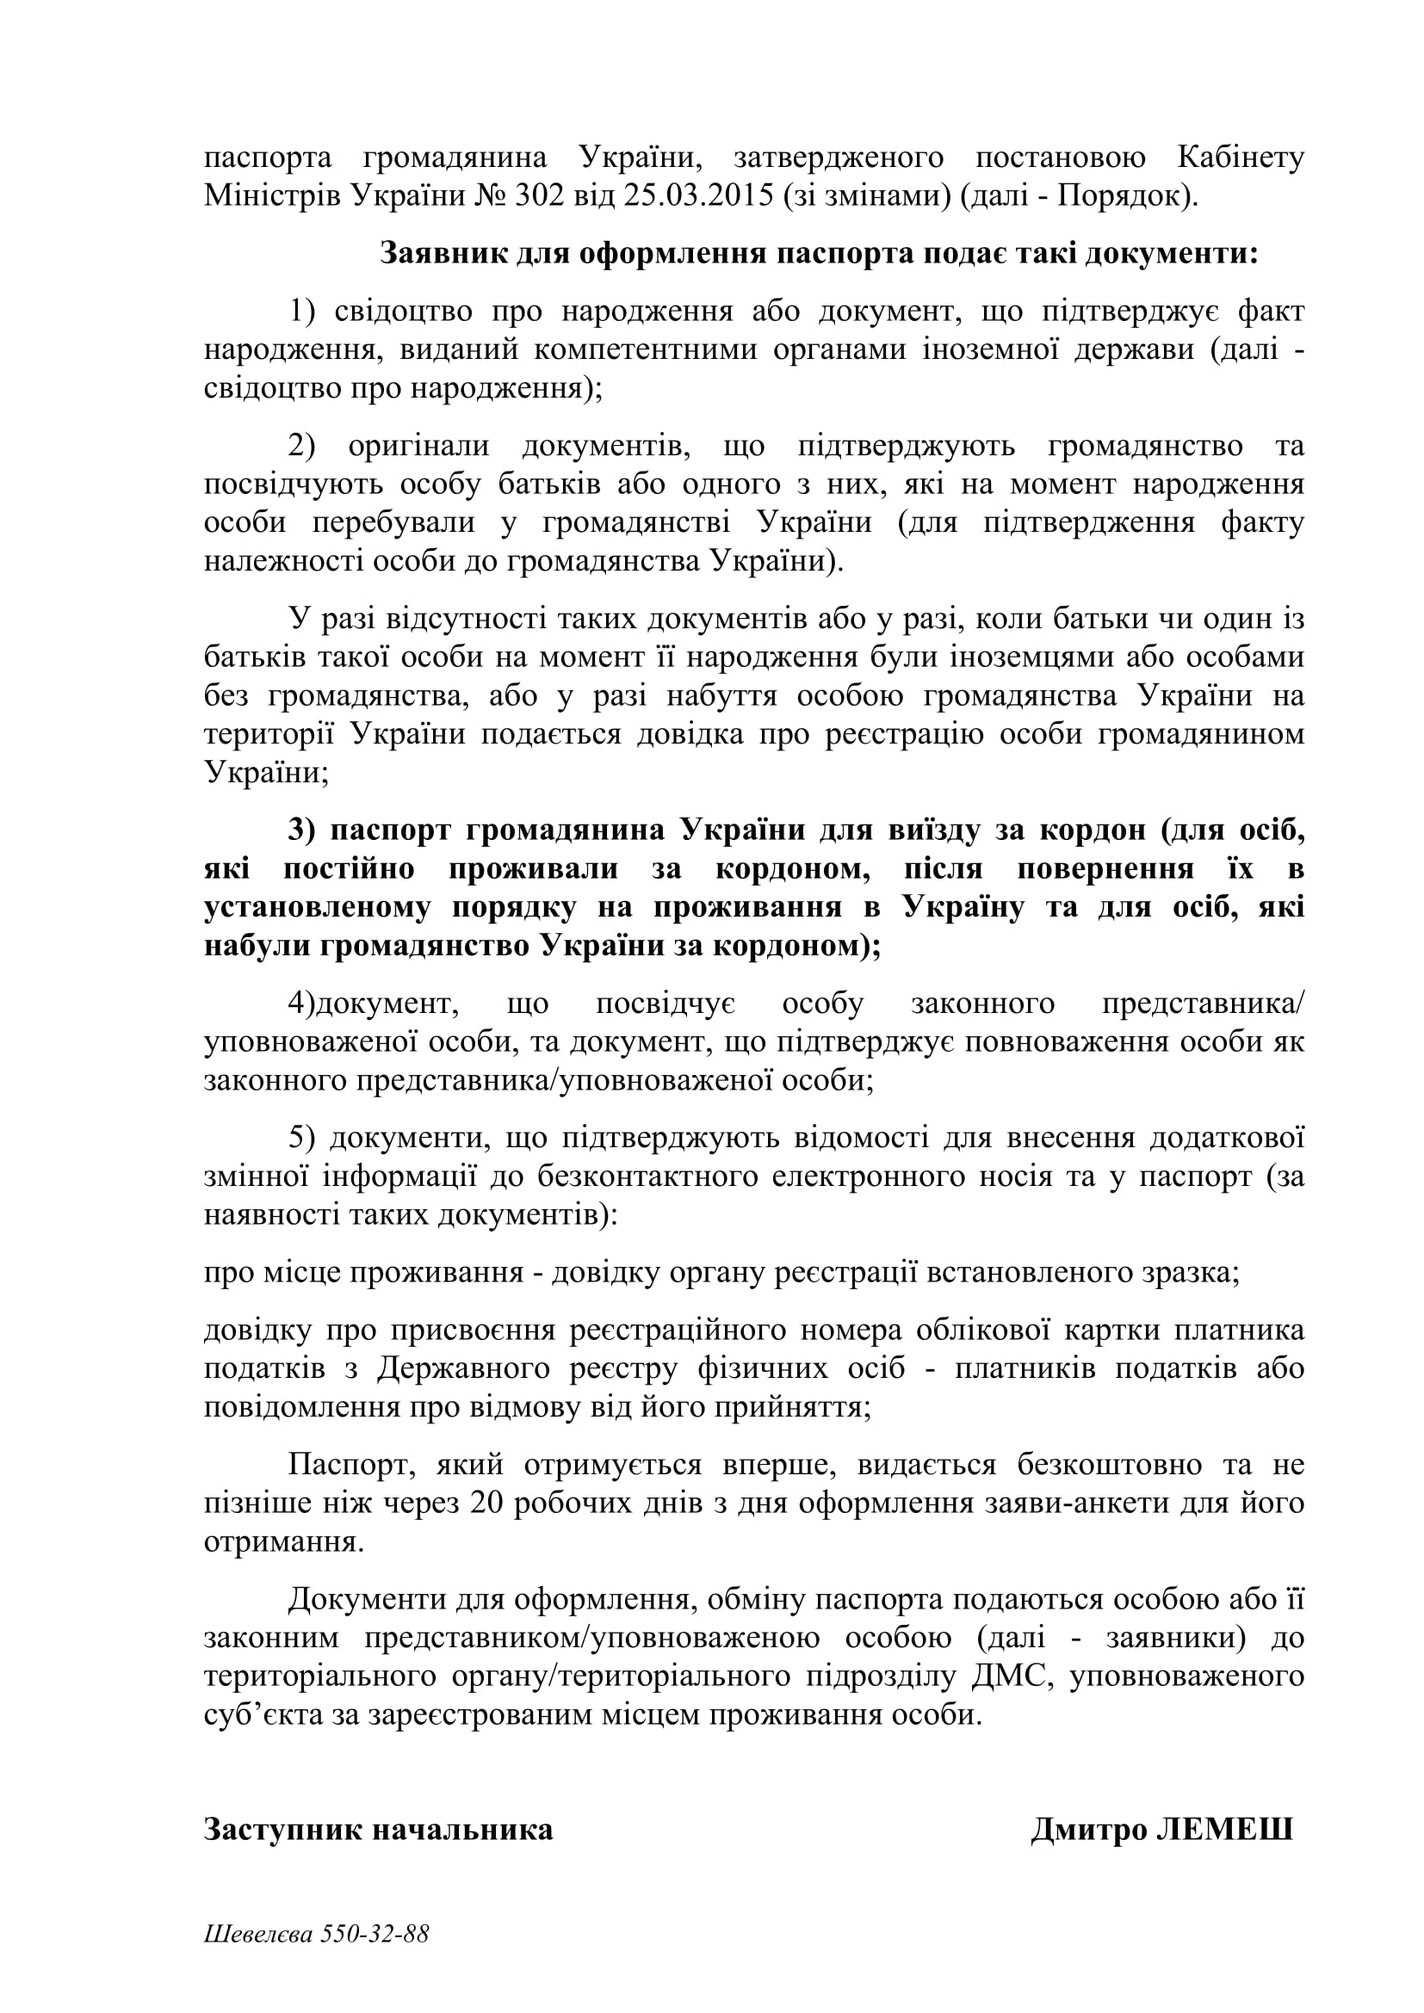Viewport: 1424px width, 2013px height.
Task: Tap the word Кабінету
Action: point(1240,157)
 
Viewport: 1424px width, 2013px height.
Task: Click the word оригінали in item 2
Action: point(419,446)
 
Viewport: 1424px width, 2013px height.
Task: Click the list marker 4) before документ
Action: point(301,1003)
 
